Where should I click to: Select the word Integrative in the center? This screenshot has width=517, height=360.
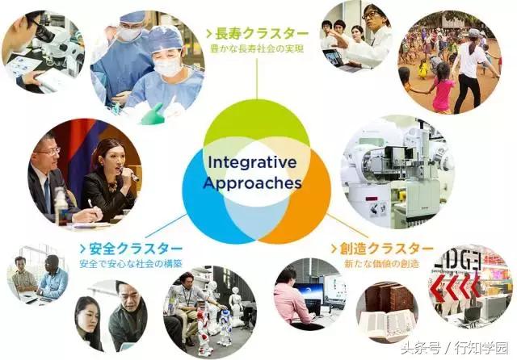[254, 161]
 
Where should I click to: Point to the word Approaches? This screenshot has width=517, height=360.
[254, 182]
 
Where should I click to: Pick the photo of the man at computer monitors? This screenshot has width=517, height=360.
[307, 295]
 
